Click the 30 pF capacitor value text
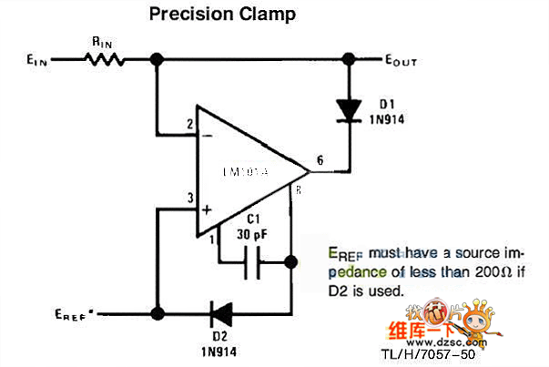pos(251,235)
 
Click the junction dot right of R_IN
pos(157,60)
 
